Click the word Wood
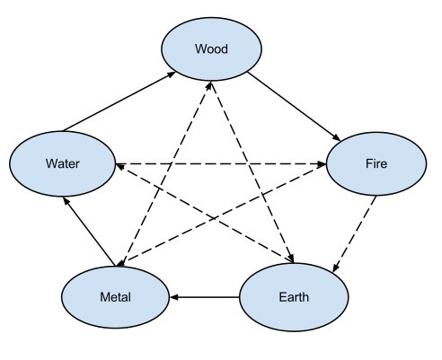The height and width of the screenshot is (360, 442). click(211, 48)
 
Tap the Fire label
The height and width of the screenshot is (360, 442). click(376, 163)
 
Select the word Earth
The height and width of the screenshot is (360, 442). click(294, 297)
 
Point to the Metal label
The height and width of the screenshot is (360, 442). click(115, 297)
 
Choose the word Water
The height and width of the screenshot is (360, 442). click(63, 163)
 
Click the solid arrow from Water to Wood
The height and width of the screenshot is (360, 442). click(119, 101)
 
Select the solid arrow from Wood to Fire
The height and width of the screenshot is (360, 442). click(294, 106)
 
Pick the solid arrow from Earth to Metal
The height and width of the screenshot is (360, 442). click(204, 297)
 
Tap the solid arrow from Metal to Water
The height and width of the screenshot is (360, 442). click(89, 232)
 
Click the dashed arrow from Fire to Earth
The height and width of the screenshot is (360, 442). click(354, 234)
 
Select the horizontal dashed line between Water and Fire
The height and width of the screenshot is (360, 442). click(221, 164)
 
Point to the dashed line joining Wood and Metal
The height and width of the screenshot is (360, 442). click(164, 174)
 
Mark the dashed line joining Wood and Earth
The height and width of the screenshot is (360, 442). click(252, 172)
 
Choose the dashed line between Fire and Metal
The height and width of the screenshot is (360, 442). click(222, 215)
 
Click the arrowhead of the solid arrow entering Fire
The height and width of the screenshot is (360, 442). click(337, 137)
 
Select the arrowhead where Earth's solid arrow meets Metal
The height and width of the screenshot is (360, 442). click(173, 297)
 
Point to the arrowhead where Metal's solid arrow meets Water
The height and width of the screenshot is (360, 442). click(66, 201)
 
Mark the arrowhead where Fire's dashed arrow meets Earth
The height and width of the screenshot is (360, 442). click(335, 268)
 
